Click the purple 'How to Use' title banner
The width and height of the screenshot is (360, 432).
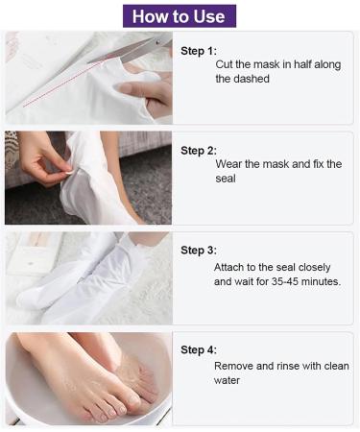click(x=180, y=16)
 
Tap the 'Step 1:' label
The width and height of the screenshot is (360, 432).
click(x=199, y=51)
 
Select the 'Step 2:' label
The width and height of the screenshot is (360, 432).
click(x=199, y=151)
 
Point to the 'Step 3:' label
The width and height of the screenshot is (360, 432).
click(x=199, y=251)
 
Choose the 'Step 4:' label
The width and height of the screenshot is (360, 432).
click(x=199, y=349)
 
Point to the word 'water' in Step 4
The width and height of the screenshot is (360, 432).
click(x=227, y=380)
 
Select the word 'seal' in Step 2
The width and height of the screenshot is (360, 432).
click(x=226, y=179)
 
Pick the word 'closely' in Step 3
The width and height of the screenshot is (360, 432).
click(x=314, y=268)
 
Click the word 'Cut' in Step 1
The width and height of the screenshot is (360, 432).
click(x=224, y=64)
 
